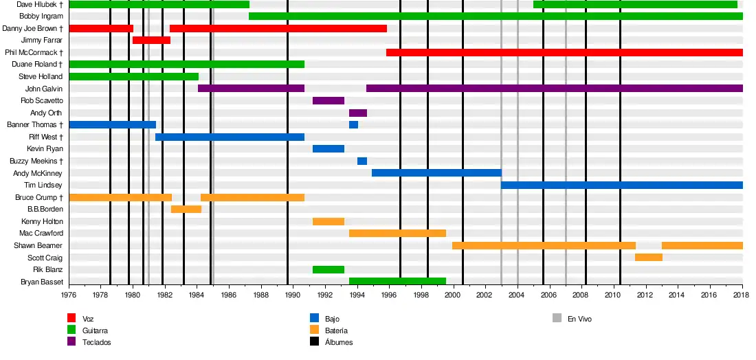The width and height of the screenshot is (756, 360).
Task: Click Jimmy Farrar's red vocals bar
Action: tap(151, 41)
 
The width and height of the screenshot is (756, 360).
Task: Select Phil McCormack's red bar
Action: tap(564, 52)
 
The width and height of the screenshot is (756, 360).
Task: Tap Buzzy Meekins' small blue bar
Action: tap(362, 161)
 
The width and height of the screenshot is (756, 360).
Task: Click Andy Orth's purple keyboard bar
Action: tap(358, 113)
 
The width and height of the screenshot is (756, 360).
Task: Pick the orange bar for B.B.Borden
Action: tap(186, 209)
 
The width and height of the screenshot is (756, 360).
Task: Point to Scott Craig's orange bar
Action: tap(648, 258)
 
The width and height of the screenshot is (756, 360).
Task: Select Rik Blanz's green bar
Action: tap(329, 269)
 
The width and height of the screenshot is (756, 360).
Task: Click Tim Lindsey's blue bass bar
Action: tap(621, 185)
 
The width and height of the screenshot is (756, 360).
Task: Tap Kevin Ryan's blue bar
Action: tap(329, 149)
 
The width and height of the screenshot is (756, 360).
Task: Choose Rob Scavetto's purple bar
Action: tap(329, 100)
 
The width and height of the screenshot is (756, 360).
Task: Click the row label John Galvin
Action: tap(43, 89)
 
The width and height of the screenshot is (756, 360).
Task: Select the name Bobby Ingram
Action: tap(41, 16)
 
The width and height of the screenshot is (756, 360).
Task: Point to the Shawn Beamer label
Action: tap(38, 245)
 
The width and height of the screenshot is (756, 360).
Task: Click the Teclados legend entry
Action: tap(96, 342)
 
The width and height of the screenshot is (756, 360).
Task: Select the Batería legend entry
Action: tap(338, 330)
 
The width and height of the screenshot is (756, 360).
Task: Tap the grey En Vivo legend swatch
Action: tap(557, 319)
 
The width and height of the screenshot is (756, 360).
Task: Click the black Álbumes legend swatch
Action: tap(314, 342)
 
